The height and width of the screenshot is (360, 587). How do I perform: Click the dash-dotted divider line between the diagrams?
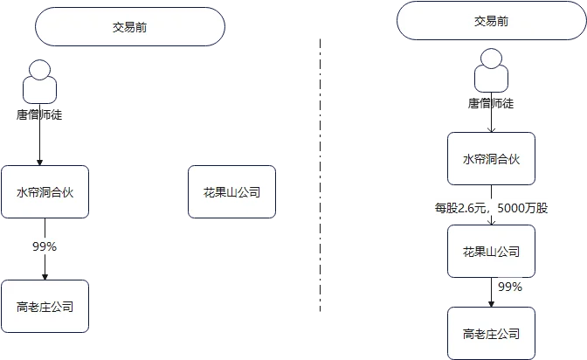coord(320,175)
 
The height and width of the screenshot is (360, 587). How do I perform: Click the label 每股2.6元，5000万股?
coord(491,208)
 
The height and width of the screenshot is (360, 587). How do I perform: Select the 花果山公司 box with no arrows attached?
coord(231,192)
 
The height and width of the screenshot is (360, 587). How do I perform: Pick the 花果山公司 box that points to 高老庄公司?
coord(491,252)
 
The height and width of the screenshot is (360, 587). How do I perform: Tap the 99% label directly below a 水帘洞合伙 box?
coord(45,246)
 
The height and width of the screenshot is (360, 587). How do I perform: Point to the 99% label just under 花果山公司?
coord(510,287)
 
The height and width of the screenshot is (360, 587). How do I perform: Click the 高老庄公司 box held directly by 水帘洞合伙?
coord(45,307)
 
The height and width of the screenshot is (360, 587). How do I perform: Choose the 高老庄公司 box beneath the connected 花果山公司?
coord(491,334)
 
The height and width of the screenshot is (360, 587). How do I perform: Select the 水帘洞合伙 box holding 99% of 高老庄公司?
coord(45,192)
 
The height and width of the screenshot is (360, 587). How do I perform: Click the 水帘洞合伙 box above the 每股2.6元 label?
coord(491,158)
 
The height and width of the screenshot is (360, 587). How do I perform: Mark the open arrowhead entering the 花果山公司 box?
coord(492,222)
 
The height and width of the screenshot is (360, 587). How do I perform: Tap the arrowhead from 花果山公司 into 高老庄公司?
coord(492,304)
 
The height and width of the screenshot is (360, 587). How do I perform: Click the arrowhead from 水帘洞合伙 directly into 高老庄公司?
coord(45,277)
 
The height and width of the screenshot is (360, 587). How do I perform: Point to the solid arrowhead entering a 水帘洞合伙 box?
coord(39,163)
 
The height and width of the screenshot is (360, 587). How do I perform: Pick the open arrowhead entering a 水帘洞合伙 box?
coord(492,129)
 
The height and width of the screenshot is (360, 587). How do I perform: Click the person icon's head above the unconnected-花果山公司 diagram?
coord(39,70)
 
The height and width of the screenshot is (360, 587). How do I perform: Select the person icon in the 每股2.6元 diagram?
coord(491,71)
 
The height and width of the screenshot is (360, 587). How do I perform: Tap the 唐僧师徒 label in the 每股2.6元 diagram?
coord(491,103)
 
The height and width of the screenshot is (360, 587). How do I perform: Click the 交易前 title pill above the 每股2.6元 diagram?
coord(492,21)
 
